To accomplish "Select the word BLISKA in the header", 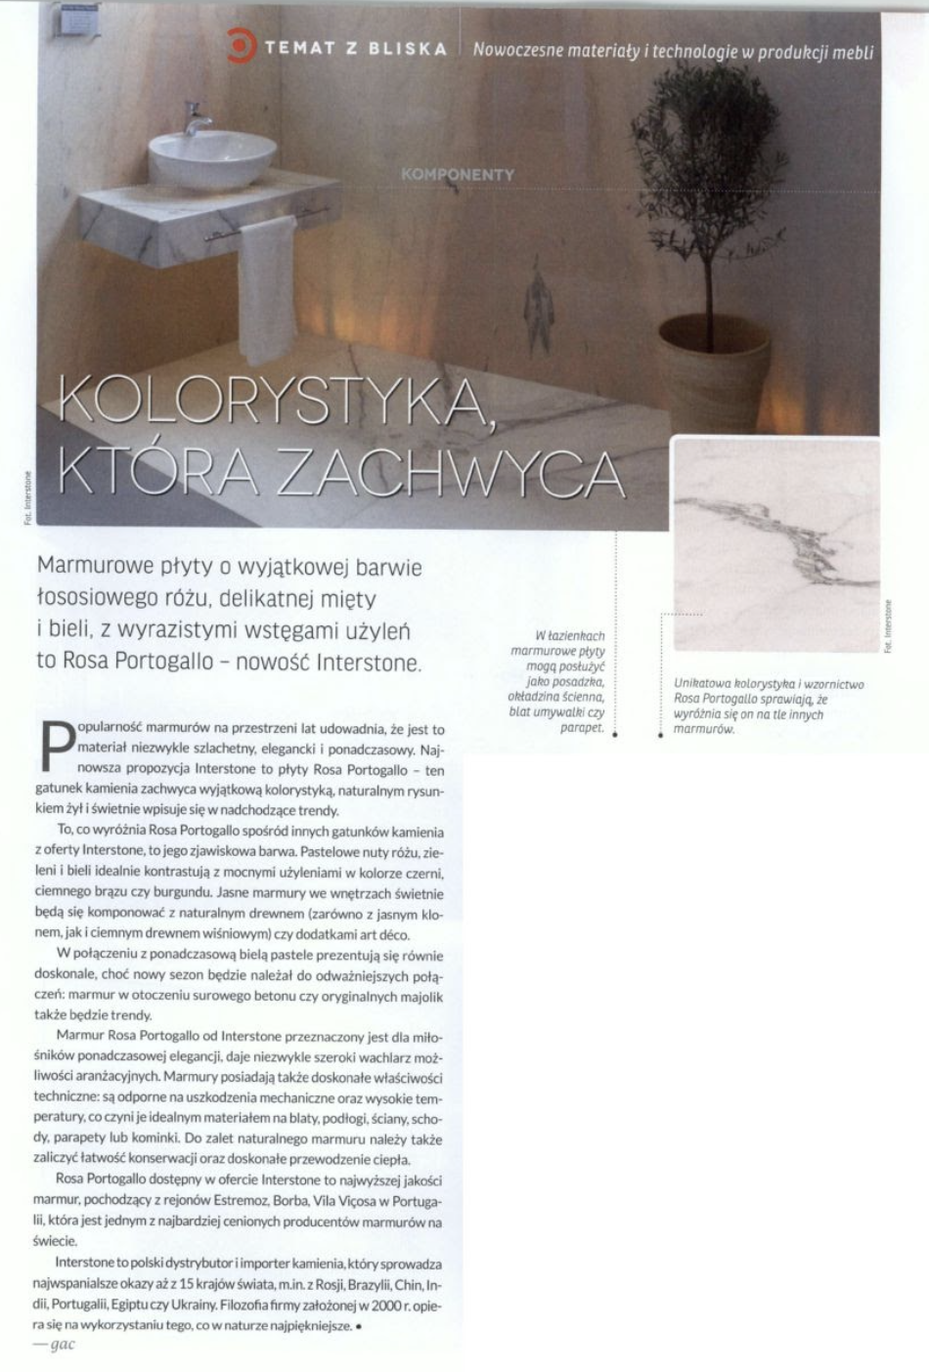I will click(408, 49).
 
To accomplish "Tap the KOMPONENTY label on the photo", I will click(457, 175).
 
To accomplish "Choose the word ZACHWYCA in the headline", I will click(452, 473).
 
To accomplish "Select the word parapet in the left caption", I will click(582, 728).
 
